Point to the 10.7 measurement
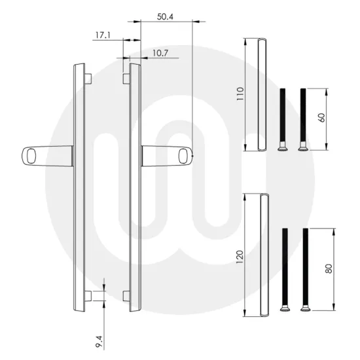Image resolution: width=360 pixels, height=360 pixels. point(152,53)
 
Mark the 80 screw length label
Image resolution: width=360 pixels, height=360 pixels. point(329,268)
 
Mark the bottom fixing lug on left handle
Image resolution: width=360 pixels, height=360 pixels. point(88,293)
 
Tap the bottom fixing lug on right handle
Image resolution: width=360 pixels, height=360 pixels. point(127,293)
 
